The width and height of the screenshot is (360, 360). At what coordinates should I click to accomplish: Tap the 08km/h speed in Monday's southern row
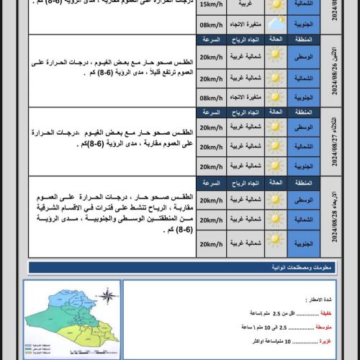coord(210,97)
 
